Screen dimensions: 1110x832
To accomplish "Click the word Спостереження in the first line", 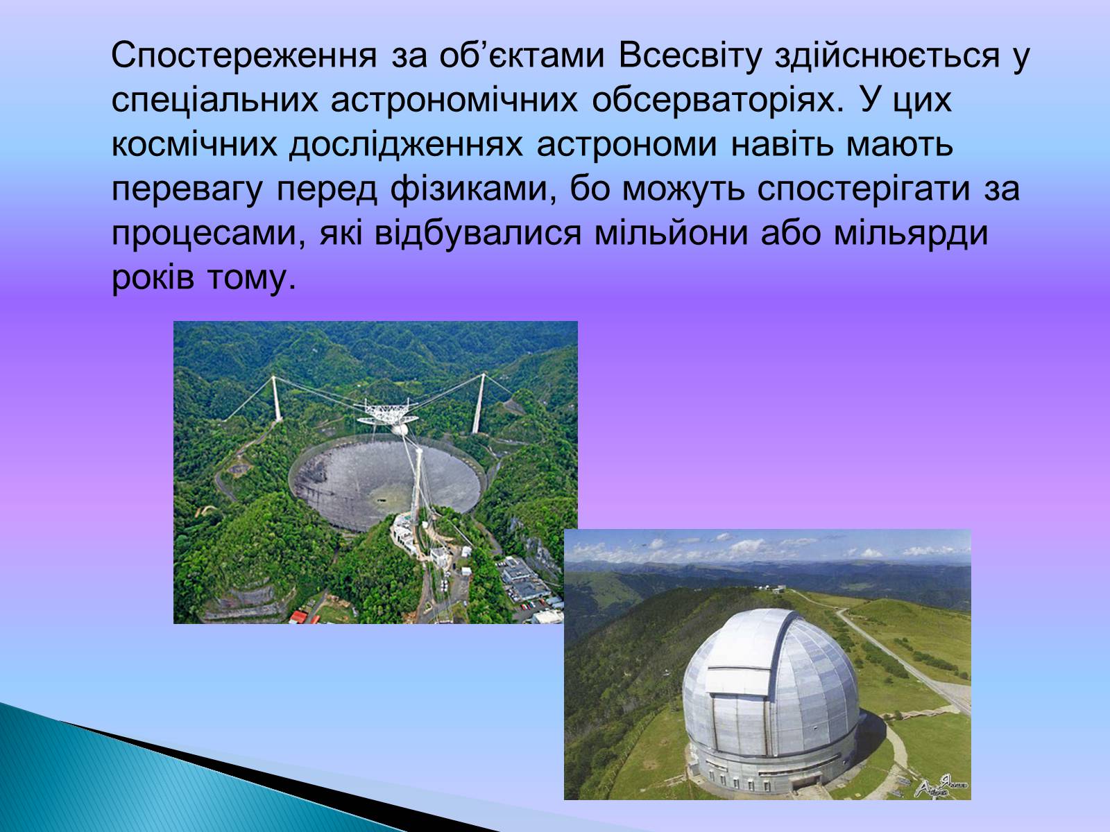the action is (244, 55).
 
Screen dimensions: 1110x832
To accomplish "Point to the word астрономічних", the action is (454, 100).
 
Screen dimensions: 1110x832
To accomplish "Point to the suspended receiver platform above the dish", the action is (388, 413).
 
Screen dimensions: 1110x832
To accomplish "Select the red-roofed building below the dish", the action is (299, 617).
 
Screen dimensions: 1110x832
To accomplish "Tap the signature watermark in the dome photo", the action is (941, 786).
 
